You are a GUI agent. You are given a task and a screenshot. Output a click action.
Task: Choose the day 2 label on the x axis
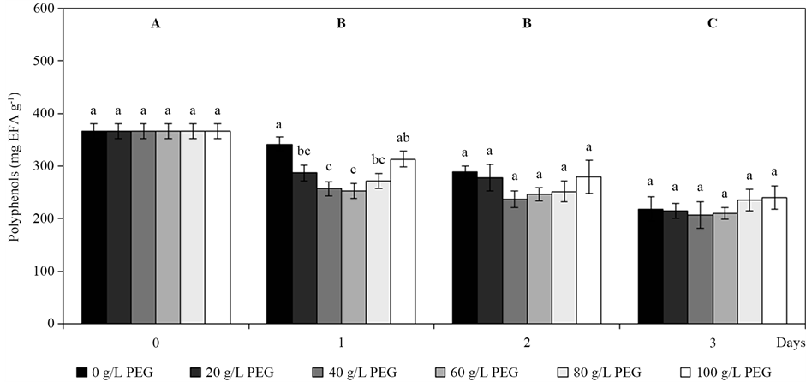[526, 343]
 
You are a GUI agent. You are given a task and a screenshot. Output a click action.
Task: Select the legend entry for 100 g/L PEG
[719, 372]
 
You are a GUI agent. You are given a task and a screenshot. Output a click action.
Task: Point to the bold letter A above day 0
[156, 23]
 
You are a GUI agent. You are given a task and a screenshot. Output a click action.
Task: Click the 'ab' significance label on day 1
[403, 137]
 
